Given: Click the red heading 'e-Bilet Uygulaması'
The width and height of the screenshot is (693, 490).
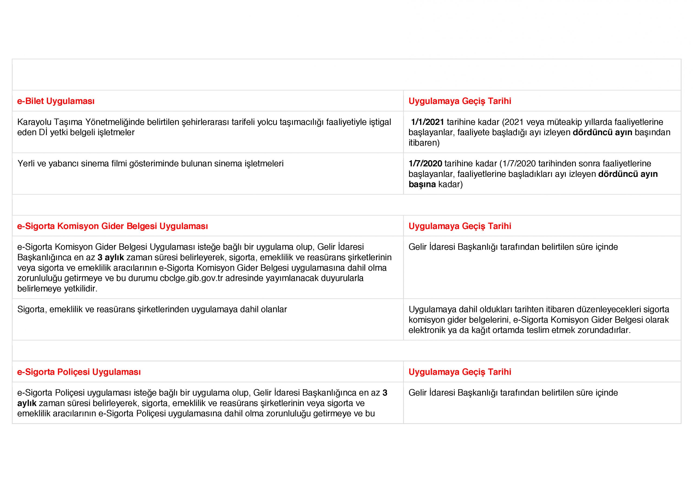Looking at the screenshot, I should tap(56, 101).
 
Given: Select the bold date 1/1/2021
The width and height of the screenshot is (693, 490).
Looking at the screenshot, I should tap(427, 122).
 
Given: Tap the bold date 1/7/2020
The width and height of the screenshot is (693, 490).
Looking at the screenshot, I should tap(425, 164).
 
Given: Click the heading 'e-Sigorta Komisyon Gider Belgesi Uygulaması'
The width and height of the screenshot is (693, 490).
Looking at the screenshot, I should tap(113, 226).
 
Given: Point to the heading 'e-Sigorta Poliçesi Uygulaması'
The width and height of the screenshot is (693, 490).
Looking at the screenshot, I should tap(79, 372).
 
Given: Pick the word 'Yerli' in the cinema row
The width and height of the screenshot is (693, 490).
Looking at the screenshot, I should tap(26, 164).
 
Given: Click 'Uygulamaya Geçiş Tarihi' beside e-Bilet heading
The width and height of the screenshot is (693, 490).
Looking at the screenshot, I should tap(460, 101).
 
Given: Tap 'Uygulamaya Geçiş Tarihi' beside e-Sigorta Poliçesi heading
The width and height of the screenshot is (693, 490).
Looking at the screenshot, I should tap(460, 372).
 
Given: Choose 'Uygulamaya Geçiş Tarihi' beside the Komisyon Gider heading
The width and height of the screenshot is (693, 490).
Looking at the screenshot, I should tap(460, 226).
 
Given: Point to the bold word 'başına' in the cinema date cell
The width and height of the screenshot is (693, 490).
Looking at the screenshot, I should tap(422, 184).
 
